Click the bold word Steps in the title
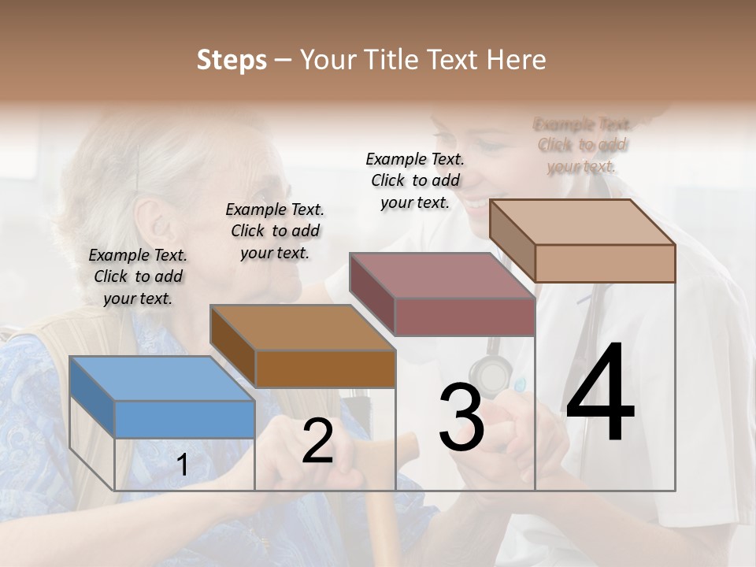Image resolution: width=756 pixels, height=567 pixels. (232, 60)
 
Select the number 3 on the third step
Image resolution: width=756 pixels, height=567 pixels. (461, 418)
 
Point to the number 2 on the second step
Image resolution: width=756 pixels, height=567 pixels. (317, 442)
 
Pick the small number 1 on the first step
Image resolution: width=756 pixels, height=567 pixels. (183, 465)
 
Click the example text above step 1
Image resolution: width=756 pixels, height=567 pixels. (138, 276)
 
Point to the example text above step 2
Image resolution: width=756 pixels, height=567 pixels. (275, 231)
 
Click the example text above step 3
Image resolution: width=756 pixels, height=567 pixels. (415, 180)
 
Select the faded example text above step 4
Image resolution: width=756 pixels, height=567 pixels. (582, 145)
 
